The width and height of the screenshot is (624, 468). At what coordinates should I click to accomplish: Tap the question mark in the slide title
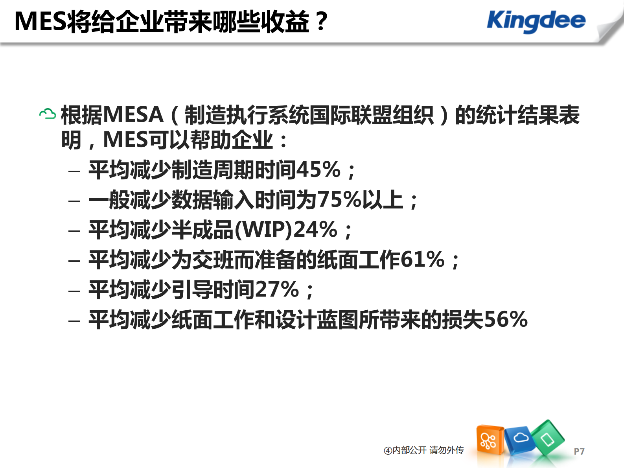[322, 22]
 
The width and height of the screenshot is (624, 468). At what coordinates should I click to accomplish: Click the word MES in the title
[40, 22]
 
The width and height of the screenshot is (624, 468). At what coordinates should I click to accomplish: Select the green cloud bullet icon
[48, 114]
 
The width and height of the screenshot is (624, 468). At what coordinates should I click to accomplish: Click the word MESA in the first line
[134, 115]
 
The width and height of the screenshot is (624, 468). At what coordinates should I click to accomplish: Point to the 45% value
[318, 170]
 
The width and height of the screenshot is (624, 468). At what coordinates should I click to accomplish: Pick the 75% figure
[339, 200]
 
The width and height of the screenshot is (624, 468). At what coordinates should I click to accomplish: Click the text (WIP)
[264, 230]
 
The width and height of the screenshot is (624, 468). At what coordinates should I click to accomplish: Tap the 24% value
[315, 230]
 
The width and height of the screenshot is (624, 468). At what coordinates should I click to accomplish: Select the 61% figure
[422, 260]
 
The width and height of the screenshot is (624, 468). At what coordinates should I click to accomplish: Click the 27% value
[277, 290]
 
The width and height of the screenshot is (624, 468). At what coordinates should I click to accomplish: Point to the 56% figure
[506, 319]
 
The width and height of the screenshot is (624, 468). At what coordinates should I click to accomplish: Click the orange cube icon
[489, 440]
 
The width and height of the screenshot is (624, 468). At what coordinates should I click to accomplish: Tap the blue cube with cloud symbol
[520, 439]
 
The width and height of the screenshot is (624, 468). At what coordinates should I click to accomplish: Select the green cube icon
[547, 438]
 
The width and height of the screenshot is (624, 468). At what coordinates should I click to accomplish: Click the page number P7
[579, 451]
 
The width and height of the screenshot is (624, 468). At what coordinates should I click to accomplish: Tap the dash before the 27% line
[74, 291]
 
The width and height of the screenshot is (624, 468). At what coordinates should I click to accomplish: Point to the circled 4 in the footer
[388, 451]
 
